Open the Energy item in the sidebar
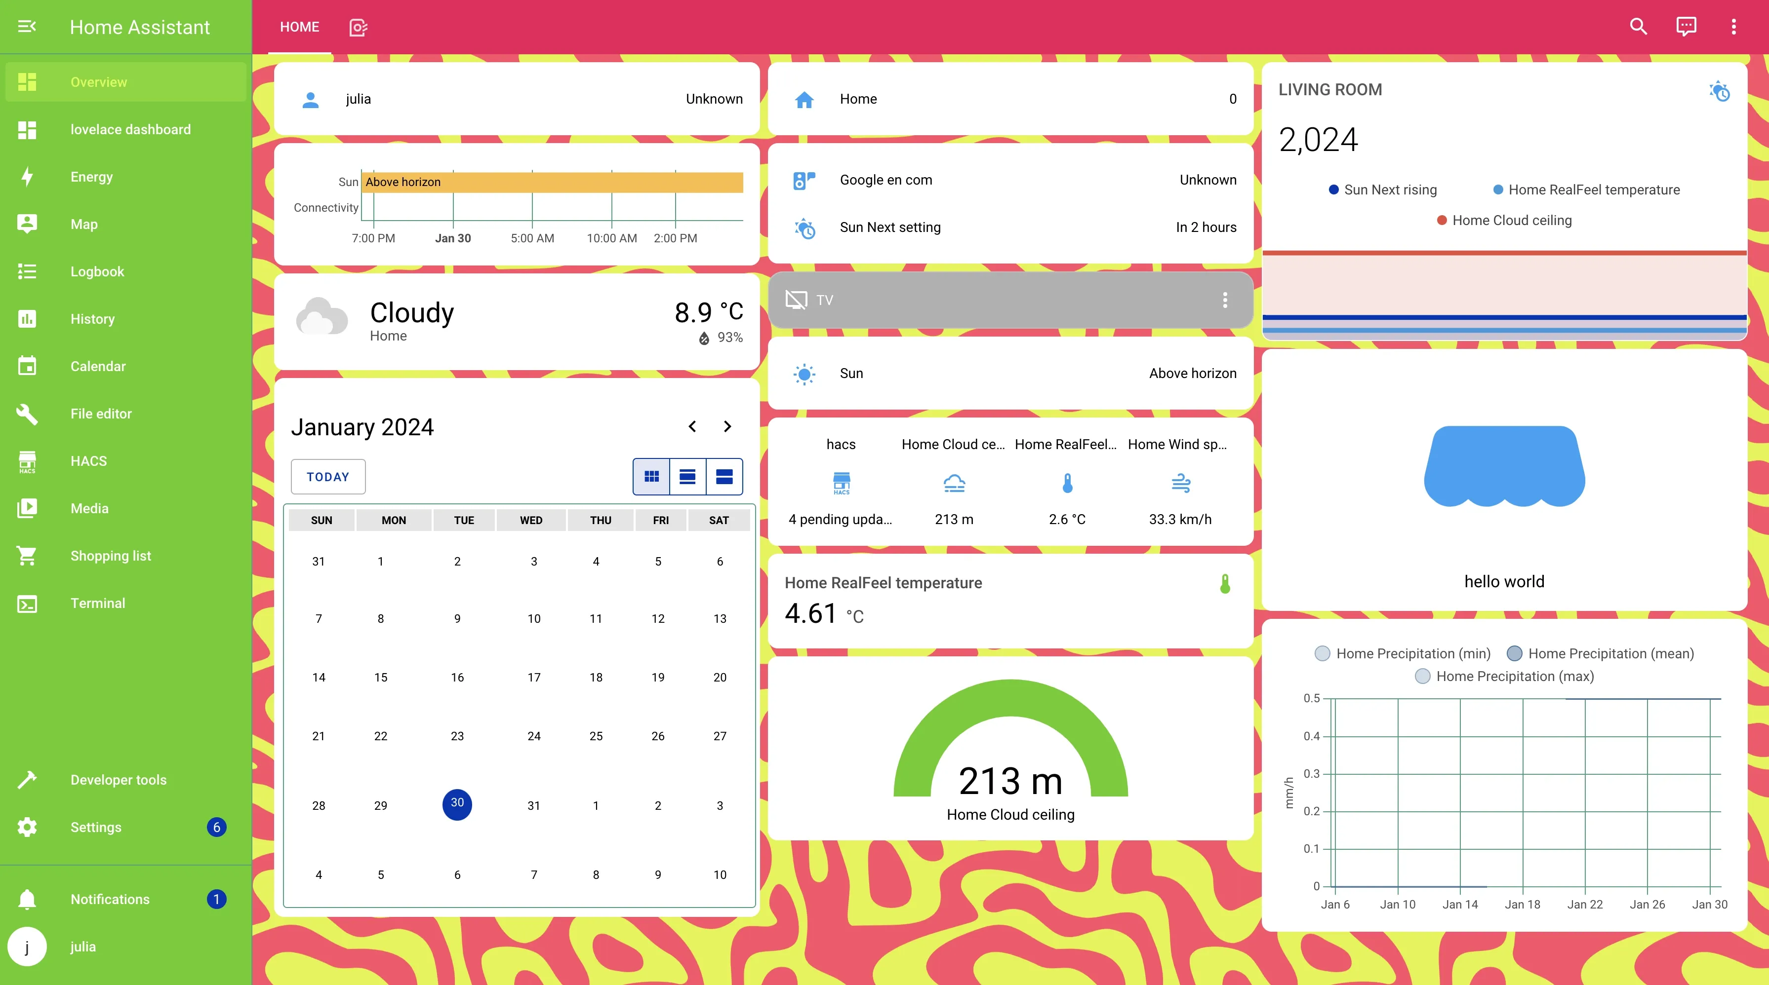(x=91, y=177)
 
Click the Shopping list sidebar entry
(x=111, y=556)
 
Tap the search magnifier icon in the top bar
(x=1638, y=27)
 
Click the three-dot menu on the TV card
(x=1224, y=300)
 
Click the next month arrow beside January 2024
(x=727, y=427)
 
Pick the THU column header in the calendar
(x=600, y=520)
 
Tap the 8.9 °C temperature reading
(x=708, y=313)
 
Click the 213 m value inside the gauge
(x=1010, y=781)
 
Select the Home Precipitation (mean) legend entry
(x=1610, y=653)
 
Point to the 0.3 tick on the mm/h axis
(x=1312, y=774)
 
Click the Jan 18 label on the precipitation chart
(x=1523, y=905)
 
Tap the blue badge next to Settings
(x=216, y=827)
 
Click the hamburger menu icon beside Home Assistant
(x=27, y=27)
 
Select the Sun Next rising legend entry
(x=1390, y=190)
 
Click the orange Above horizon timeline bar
(x=553, y=182)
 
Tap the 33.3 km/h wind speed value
(x=1180, y=520)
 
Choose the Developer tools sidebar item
(x=118, y=780)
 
